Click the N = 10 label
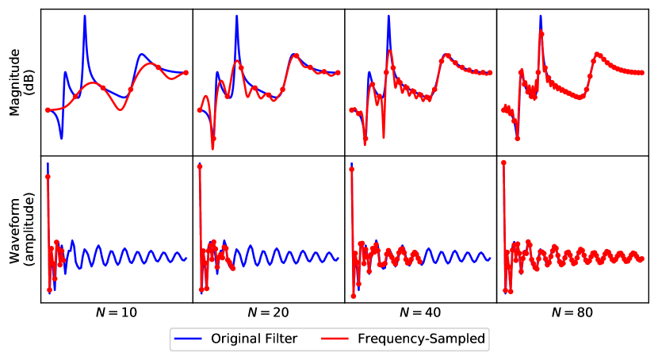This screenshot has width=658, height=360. [x=117, y=312]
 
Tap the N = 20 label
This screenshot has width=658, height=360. [x=269, y=312]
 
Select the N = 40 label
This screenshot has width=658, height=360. [x=421, y=312]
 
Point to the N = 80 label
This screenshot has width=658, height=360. [x=572, y=312]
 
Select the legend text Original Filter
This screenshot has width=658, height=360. [x=254, y=339]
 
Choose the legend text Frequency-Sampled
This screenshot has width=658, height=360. [x=422, y=339]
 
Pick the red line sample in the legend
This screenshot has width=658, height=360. [x=335, y=339]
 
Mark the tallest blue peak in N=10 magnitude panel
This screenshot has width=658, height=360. [x=85, y=17]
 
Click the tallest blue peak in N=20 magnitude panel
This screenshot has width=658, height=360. [x=236, y=17]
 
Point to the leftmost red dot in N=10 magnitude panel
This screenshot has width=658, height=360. [x=48, y=109]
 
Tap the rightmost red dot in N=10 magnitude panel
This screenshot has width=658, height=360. [x=186, y=73]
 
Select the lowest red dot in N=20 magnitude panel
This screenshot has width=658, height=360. [x=213, y=138]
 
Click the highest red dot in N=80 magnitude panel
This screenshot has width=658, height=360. [x=541, y=33]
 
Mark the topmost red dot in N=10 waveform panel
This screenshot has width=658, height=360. [x=48, y=176]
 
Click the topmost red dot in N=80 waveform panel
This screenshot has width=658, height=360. [x=504, y=163]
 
